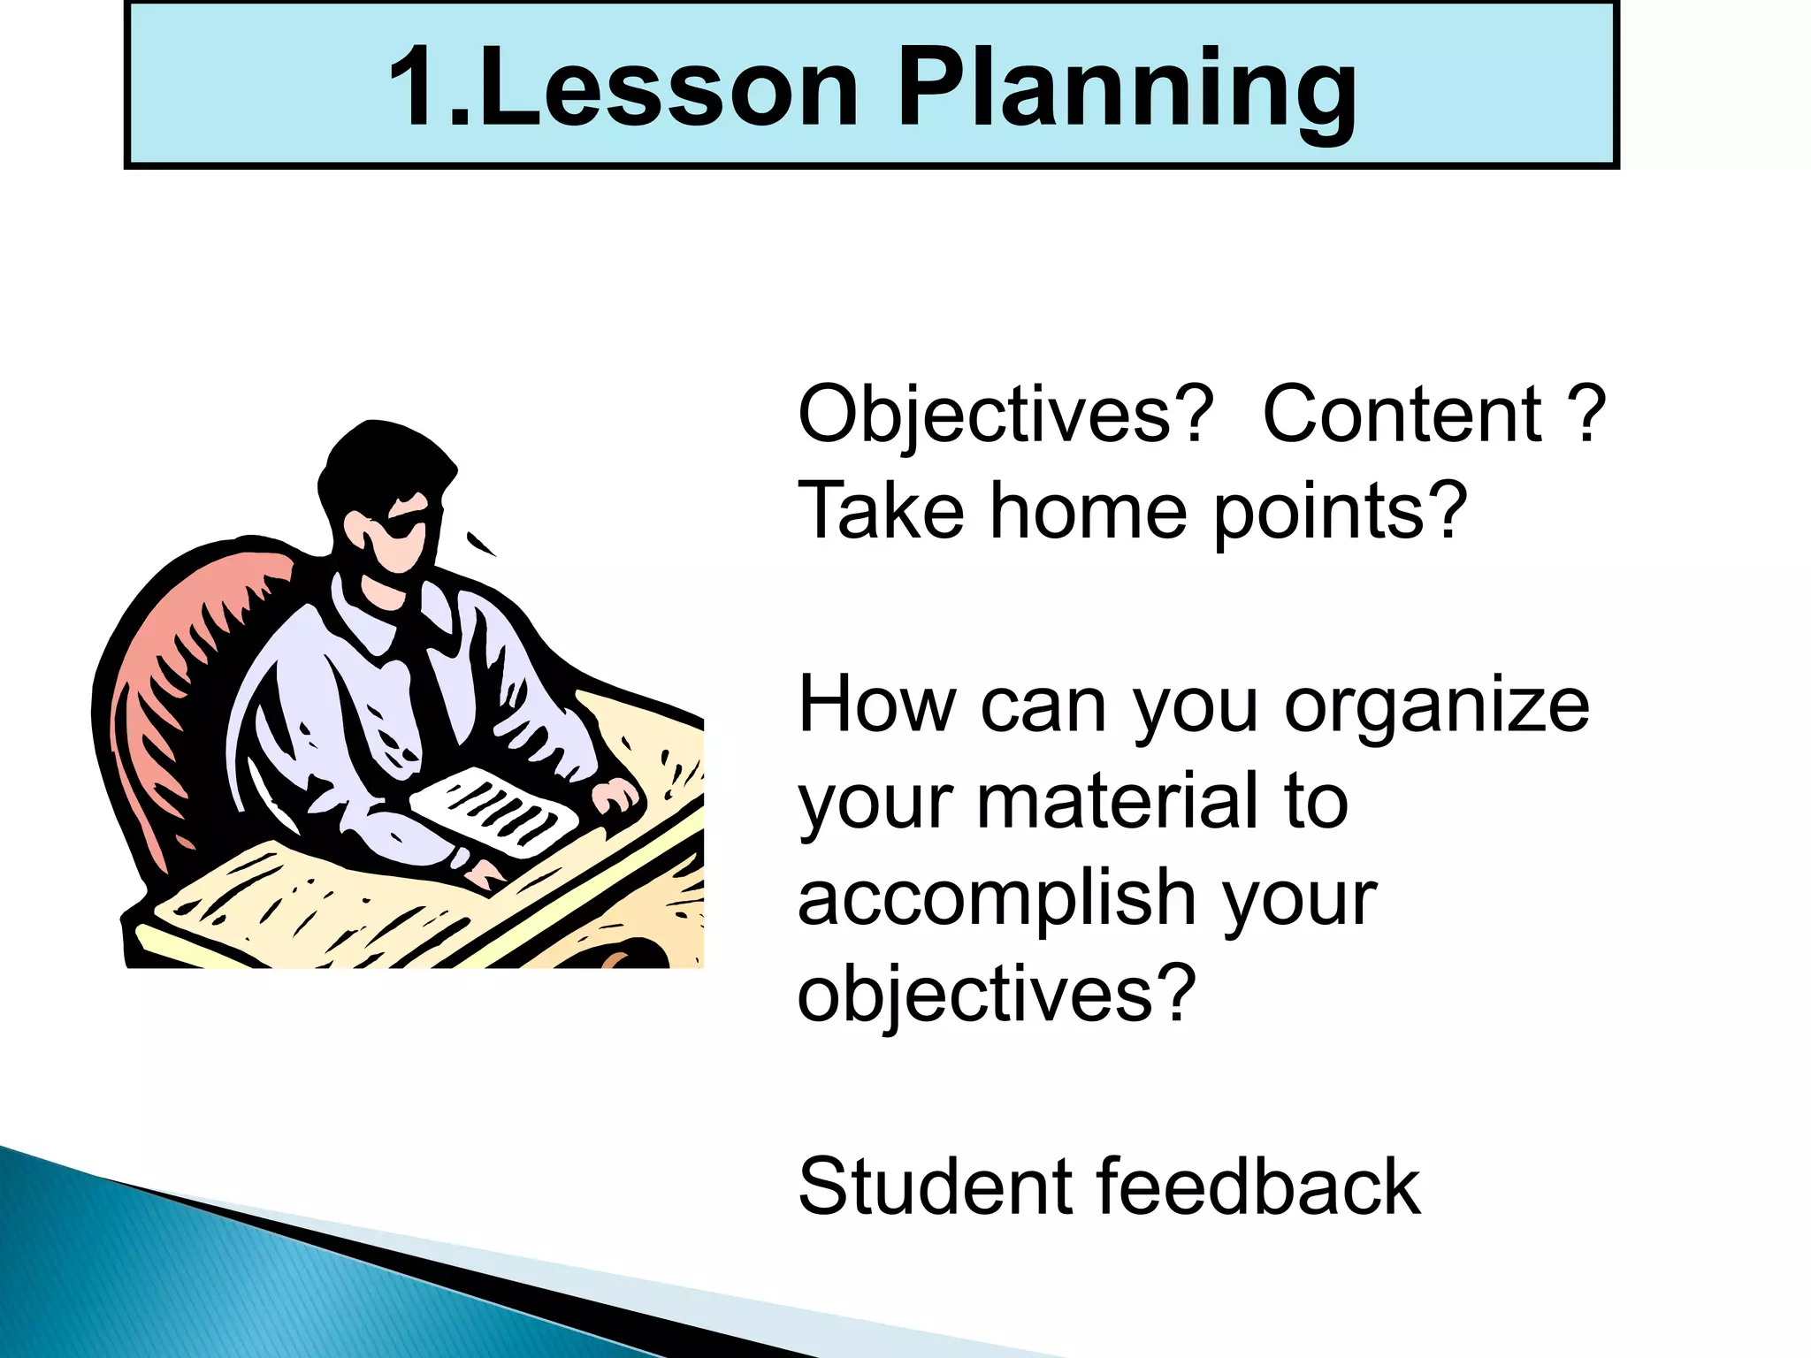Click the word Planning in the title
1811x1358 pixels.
pos(1127,88)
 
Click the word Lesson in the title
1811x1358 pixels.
pos(669,88)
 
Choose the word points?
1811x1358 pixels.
pos(1340,513)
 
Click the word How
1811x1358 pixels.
pos(876,705)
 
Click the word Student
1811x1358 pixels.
pos(932,1186)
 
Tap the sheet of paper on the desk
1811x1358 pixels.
pos(495,809)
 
